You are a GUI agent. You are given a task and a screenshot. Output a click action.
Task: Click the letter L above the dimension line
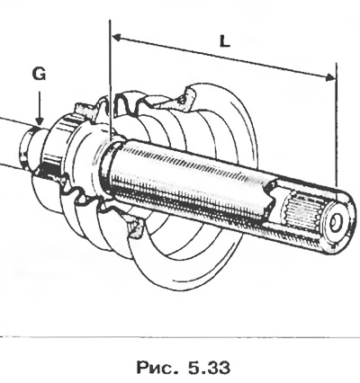[x=225, y=41]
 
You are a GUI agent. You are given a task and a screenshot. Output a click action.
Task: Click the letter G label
[x=40, y=74]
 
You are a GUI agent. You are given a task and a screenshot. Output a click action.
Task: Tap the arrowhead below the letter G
[x=40, y=120]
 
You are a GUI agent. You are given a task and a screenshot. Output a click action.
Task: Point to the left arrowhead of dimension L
[x=116, y=38]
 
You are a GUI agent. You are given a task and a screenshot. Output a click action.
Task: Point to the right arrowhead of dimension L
[x=330, y=77]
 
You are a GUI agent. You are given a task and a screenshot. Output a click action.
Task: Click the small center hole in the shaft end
[x=337, y=223]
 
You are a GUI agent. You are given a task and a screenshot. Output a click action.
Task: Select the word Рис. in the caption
[x=157, y=367]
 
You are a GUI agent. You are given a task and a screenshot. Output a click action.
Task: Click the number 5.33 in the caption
[x=209, y=367]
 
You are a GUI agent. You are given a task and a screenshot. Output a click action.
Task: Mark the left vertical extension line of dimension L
[x=111, y=79]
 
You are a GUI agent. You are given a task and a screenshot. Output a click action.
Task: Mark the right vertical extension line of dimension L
[x=337, y=124]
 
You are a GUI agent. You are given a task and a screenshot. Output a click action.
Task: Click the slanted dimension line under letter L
[x=223, y=58]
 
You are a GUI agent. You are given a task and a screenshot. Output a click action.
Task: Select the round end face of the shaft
[x=337, y=223]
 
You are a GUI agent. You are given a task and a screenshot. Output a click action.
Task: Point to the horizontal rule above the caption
[x=180, y=337]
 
